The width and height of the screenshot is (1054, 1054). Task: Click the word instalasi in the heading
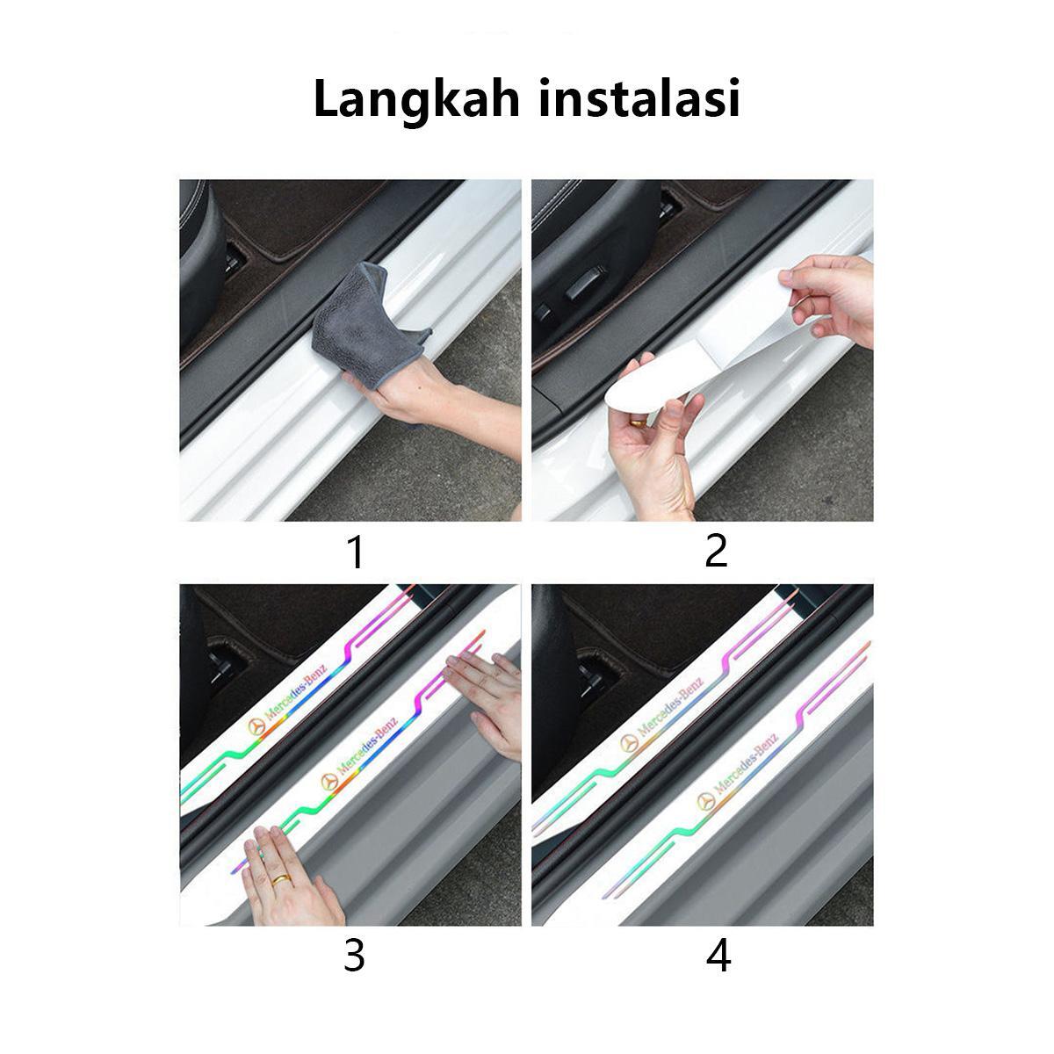(639, 98)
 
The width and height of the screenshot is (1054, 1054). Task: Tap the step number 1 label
(355, 552)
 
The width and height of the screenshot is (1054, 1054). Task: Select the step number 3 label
(354, 955)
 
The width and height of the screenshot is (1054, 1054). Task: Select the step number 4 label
(718, 955)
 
